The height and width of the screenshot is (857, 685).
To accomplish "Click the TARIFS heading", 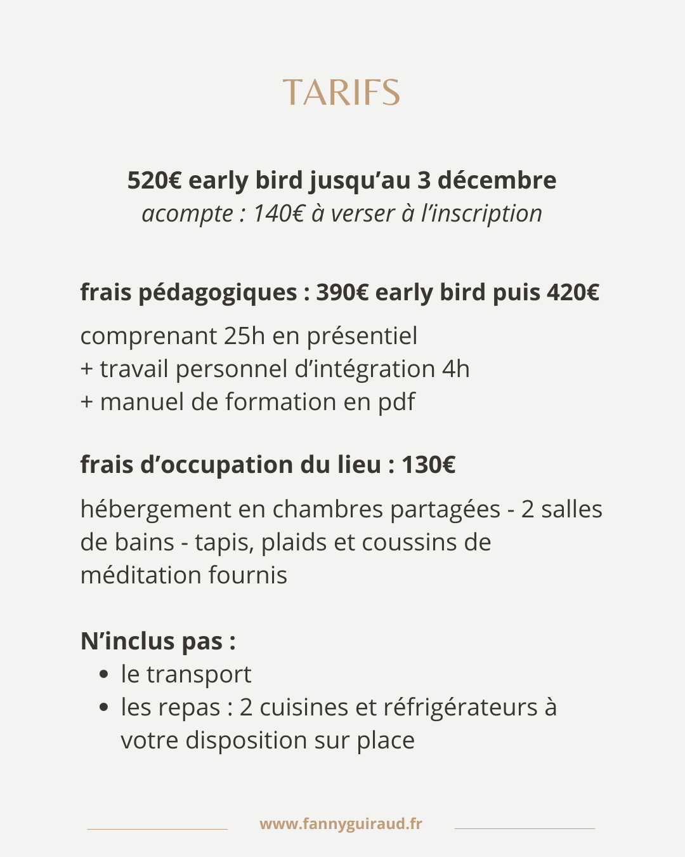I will tap(341, 93).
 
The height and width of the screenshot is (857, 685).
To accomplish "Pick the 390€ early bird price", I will tap(342, 293).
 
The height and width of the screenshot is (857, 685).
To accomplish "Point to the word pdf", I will tap(396, 402).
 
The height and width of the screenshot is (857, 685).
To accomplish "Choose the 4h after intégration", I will tap(456, 369).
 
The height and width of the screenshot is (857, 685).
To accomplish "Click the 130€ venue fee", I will tap(428, 465).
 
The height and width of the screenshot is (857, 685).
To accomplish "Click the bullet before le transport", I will tap(104, 674).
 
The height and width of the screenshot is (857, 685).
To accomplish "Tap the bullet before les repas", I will tap(104, 707).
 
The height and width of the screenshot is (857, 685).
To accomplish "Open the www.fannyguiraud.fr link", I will tap(341, 824).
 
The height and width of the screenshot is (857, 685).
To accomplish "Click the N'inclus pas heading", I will tap(158, 641).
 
